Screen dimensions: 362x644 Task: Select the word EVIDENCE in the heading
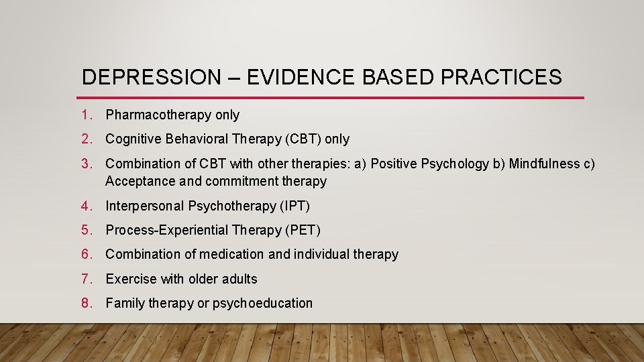point(301,77)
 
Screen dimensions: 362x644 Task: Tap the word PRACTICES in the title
point(501,77)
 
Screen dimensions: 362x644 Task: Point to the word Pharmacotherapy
point(158,115)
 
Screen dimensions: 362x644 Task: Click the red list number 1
point(87,115)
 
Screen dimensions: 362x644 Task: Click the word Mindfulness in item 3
point(544,164)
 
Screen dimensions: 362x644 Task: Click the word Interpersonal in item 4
point(145,206)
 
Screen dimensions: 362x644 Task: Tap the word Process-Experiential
point(167,231)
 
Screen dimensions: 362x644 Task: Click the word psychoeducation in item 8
point(262,304)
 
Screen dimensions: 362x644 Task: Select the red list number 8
point(87,303)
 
